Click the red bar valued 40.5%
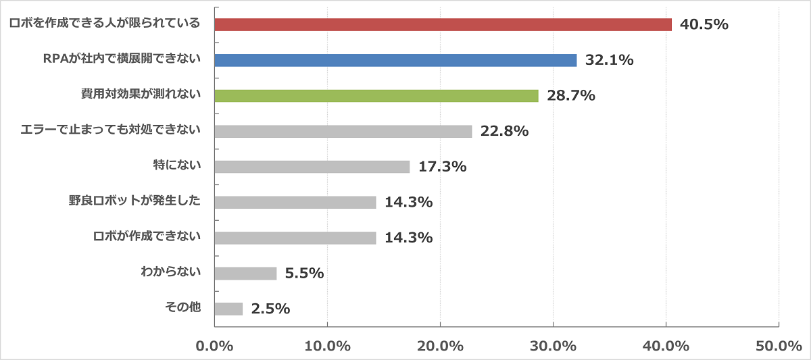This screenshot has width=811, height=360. pyautogui.click(x=443, y=24)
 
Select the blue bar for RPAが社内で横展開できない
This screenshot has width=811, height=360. pyautogui.click(x=395, y=60)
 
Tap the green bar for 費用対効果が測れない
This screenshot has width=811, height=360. pyautogui.click(x=376, y=96)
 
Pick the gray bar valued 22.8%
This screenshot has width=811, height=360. pyautogui.click(x=343, y=131)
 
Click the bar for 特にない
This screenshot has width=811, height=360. pyautogui.click(x=312, y=166)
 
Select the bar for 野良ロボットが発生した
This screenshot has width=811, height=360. pyautogui.click(x=295, y=202)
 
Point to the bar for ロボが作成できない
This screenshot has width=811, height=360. pyautogui.click(x=295, y=238)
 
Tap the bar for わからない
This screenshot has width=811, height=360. pyautogui.click(x=246, y=273)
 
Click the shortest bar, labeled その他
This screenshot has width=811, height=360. pyautogui.click(x=229, y=309)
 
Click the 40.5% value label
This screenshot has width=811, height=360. pyautogui.click(x=704, y=25)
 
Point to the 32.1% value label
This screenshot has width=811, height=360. pyautogui.click(x=609, y=60)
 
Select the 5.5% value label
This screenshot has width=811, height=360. pyautogui.click(x=304, y=274)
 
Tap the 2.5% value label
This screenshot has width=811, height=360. pyautogui.click(x=270, y=309)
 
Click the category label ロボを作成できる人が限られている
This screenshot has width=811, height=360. pyautogui.click(x=105, y=24)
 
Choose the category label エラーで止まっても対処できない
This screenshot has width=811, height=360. pyautogui.click(x=112, y=130)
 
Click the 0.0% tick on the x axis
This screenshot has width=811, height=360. pyautogui.click(x=214, y=346)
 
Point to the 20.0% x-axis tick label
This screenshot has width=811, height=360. pyautogui.click(x=440, y=346)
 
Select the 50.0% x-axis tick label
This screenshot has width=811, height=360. pyautogui.click(x=779, y=346)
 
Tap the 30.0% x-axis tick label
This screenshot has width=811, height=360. pyautogui.click(x=553, y=346)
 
